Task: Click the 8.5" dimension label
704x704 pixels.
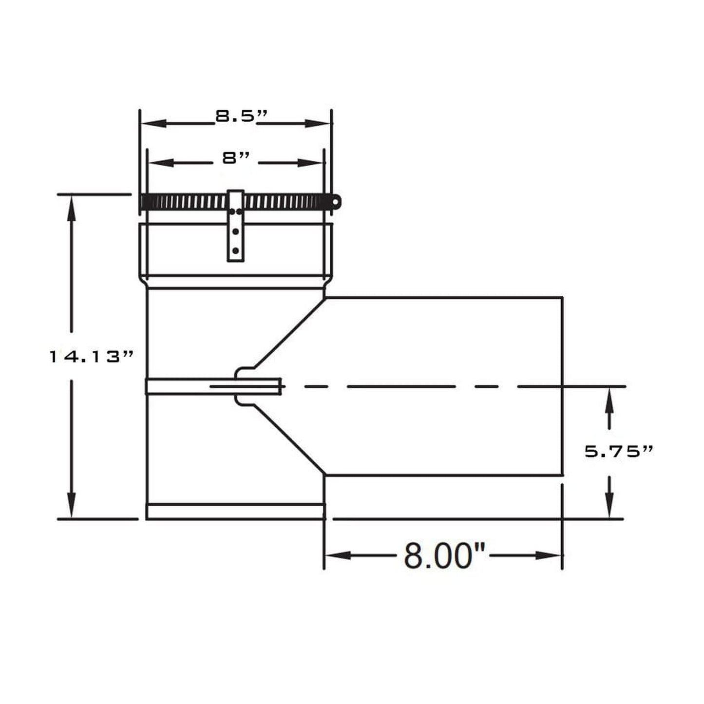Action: pyautogui.click(x=242, y=116)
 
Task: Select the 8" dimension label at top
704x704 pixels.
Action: pyautogui.click(x=236, y=158)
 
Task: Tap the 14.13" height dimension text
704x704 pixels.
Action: pyautogui.click(x=91, y=357)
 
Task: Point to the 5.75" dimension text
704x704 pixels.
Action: pyautogui.click(x=618, y=451)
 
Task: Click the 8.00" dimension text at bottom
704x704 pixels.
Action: pyautogui.click(x=445, y=556)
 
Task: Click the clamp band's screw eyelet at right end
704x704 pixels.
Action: pyautogui.click(x=336, y=201)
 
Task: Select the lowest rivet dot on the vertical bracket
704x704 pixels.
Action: pyautogui.click(x=236, y=251)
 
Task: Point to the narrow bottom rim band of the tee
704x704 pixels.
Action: pyautogui.click(x=235, y=512)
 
